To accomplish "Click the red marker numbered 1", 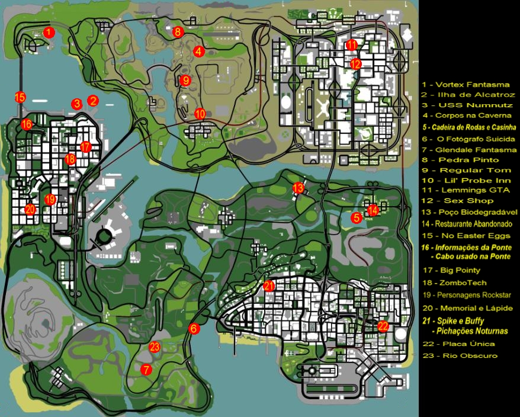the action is [x=50, y=32].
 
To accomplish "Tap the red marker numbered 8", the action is [x=178, y=32].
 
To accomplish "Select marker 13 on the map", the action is [x=298, y=188].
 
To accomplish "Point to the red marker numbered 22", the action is [x=383, y=325].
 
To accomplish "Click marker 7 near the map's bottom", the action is [x=146, y=369].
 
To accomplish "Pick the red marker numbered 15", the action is [x=20, y=97].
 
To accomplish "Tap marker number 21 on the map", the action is [x=269, y=286].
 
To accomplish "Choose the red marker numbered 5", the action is [x=356, y=217].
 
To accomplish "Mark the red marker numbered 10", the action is [x=200, y=113].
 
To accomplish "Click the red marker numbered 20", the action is [x=30, y=208].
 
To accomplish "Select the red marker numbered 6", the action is [x=194, y=328].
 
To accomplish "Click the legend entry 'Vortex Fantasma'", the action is [x=468, y=84].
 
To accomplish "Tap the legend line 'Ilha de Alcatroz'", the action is [x=468, y=95].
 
